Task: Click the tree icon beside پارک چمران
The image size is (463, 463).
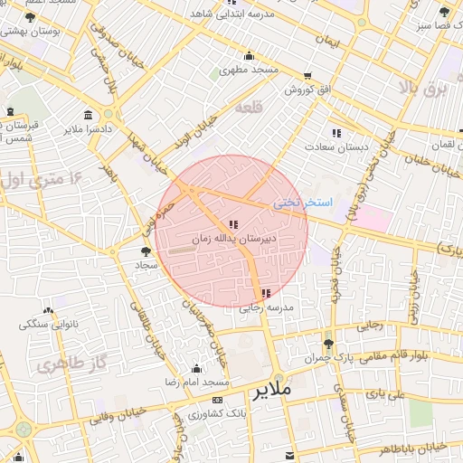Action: coord(327,344)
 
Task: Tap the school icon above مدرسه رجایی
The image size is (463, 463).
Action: coord(265,293)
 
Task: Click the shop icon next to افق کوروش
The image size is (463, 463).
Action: coord(309,76)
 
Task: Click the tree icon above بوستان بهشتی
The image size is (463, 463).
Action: coord(30,17)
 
